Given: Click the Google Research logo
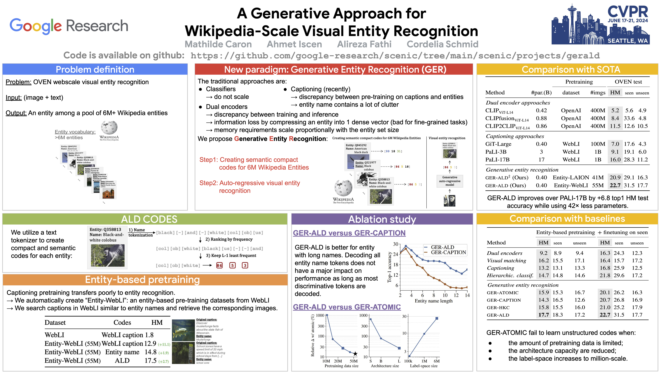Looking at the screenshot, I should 69,26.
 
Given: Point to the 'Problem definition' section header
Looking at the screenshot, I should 95,70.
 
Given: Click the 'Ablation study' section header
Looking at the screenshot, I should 382,219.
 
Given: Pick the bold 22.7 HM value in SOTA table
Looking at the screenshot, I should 615,185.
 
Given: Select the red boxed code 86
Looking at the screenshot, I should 219,265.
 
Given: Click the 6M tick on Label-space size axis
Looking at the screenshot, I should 437,361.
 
